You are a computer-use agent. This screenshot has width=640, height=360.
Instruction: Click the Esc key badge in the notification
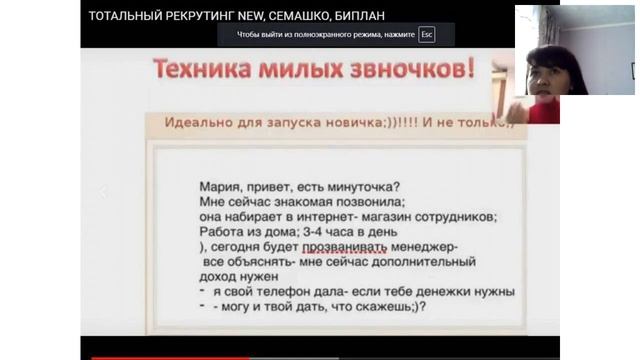[427, 34]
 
